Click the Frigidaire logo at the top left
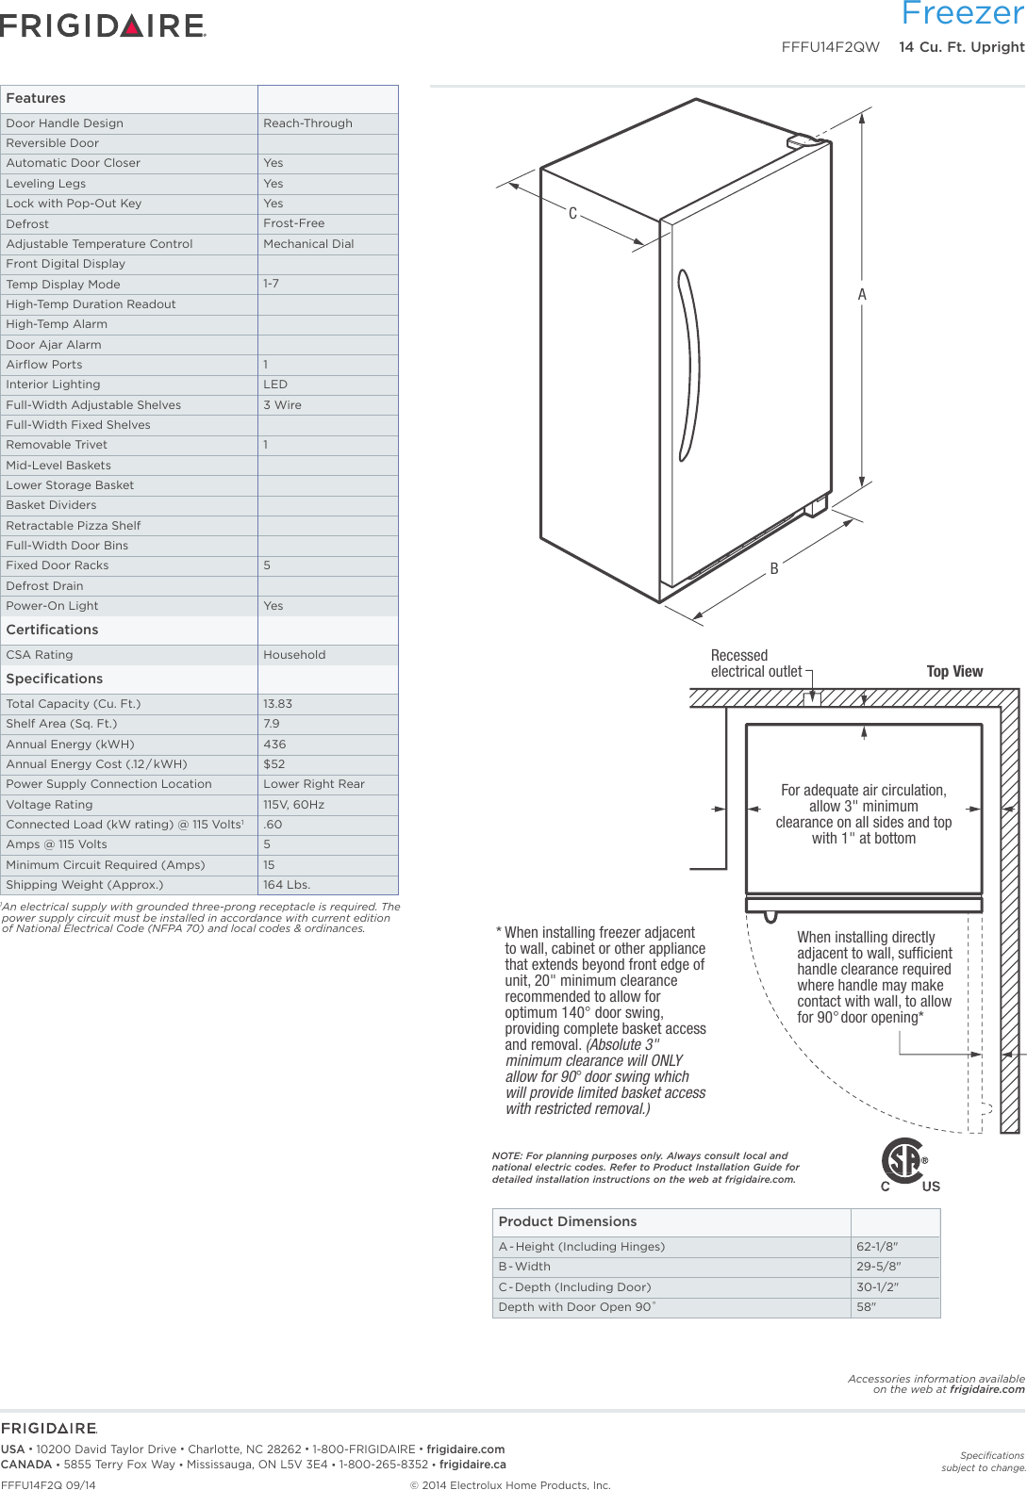click(x=103, y=25)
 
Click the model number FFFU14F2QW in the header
click(x=830, y=47)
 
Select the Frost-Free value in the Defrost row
click(x=293, y=223)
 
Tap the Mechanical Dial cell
click(x=308, y=244)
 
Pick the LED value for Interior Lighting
click(x=275, y=385)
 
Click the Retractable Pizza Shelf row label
click(x=74, y=526)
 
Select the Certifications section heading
click(x=53, y=630)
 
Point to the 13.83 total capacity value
click(x=277, y=704)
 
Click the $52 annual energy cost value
click(x=273, y=764)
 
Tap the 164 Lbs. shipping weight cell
click(x=287, y=885)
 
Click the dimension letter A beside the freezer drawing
click(x=862, y=295)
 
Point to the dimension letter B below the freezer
click(x=774, y=569)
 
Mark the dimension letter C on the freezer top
click(x=572, y=214)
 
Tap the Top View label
click(x=954, y=672)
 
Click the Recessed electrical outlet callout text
click(x=755, y=663)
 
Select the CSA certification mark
click(x=906, y=1164)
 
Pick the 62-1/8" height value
click(x=877, y=1247)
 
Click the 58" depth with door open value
click(x=866, y=1307)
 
